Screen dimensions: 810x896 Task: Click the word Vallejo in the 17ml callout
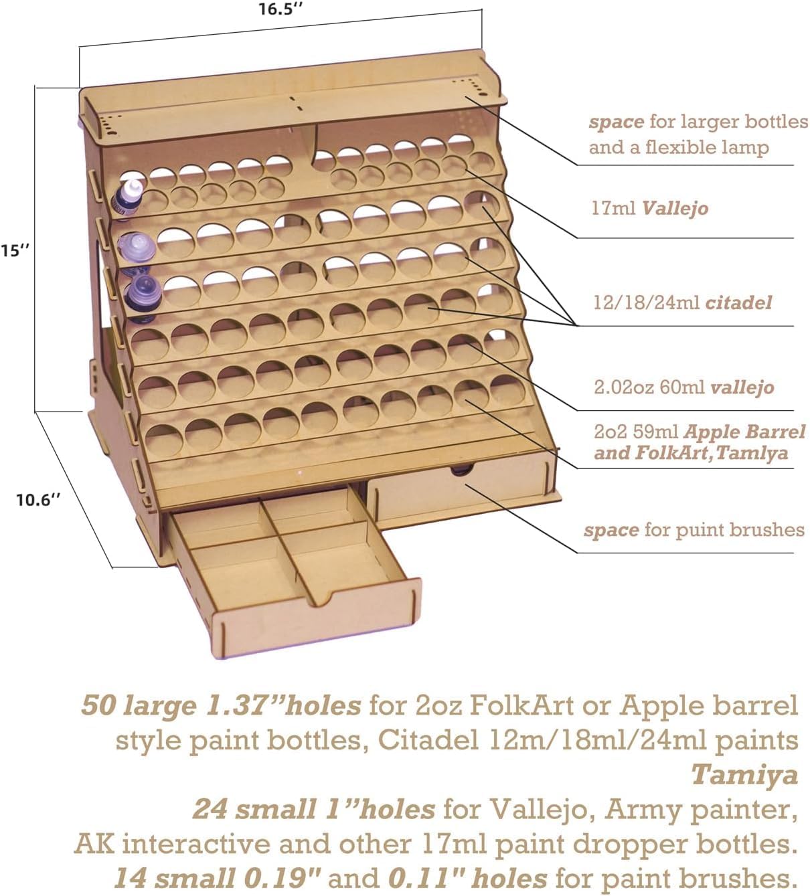(x=675, y=209)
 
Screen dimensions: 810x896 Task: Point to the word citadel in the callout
(x=738, y=303)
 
